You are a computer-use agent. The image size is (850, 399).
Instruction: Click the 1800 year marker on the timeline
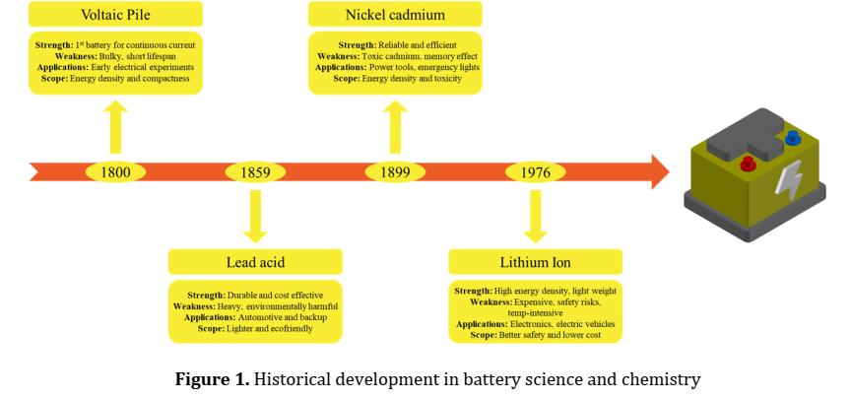tap(115, 171)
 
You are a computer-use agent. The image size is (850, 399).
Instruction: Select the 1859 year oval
tap(255, 171)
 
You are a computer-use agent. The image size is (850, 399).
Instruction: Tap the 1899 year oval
tap(395, 171)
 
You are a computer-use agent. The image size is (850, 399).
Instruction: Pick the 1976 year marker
tap(535, 171)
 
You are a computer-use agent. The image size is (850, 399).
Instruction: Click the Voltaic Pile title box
tap(115, 15)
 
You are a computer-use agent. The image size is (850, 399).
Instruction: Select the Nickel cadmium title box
tap(395, 15)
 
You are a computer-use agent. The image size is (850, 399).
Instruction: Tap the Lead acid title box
tap(255, 262)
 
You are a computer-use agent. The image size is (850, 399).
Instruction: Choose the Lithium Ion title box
tap(535, 262)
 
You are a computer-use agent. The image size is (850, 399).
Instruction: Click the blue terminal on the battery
tap(792, 138)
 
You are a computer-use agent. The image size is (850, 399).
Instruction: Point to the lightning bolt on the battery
tap(790, 181)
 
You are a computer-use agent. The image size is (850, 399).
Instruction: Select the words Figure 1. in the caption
tap(212, 379)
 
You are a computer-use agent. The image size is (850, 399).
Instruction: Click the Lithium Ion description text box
tap(535, 312)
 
